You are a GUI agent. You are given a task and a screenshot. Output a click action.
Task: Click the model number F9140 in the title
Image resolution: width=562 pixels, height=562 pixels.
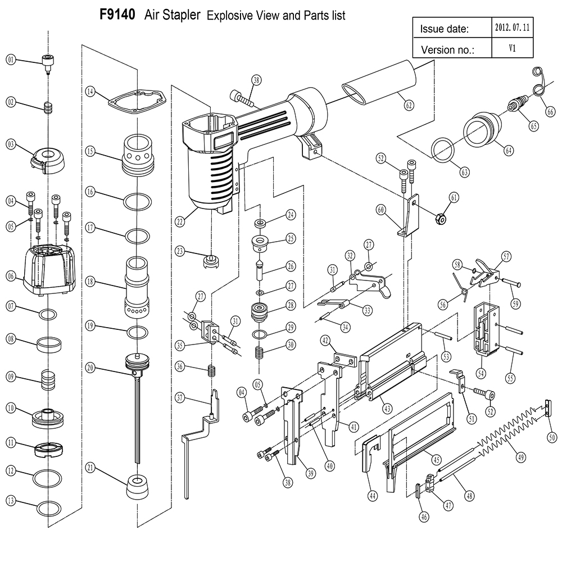(117, 14)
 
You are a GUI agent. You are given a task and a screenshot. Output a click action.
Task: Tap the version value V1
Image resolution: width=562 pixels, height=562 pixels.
(513, 48)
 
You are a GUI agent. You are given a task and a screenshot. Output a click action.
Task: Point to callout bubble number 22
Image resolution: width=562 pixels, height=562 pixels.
(180, 222)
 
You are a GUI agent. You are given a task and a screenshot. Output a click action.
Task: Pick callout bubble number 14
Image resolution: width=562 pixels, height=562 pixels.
(89, 90)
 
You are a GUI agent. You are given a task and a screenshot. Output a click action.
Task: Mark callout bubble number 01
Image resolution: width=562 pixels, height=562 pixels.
(11, 59)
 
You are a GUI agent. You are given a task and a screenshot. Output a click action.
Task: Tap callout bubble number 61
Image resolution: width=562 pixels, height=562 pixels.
(454, 196)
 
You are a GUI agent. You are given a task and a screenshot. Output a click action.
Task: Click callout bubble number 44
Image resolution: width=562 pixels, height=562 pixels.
(371, 496)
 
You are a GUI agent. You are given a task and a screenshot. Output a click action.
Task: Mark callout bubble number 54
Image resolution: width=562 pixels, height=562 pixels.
(481, 372)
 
